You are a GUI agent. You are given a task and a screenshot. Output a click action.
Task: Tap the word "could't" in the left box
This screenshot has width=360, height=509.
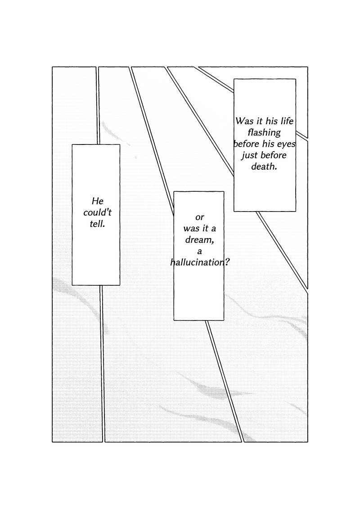point(97,212)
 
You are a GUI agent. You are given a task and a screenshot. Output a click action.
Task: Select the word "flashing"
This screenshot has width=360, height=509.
point(265,133)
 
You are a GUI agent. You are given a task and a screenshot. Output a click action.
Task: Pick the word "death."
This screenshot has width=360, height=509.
point(264,167)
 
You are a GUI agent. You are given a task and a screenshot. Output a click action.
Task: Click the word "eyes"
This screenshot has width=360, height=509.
point(285,144)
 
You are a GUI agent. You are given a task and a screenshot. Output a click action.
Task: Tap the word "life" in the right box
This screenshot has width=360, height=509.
point(286,122)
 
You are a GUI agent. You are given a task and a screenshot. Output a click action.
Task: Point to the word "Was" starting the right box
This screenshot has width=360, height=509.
point(245,122)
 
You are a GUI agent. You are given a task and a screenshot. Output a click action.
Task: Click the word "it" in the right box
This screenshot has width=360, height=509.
point(259,122)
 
